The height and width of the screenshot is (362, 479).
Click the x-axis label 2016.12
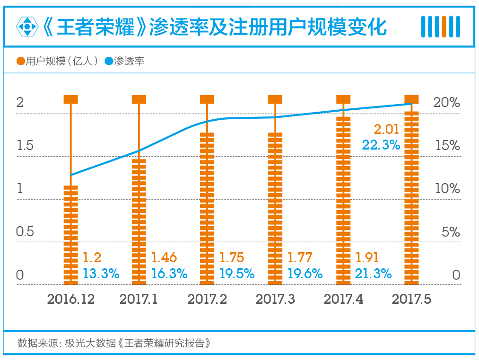point(71,300)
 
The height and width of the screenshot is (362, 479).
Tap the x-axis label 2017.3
point(275,300)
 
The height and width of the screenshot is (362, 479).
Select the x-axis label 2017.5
point(411,300)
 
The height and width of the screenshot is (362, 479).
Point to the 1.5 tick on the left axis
point(25,146)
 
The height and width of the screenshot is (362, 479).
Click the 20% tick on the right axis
point(447,103)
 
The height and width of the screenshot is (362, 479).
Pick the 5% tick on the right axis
point(451,232)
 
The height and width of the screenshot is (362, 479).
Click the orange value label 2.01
point(386,129)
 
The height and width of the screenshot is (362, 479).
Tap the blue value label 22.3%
point(381,145)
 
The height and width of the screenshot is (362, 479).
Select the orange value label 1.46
point(164,258)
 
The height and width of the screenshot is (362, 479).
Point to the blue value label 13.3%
point(101,274)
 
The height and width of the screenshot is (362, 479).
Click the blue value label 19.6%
point(305,274)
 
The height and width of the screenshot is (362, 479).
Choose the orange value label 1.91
point(367,258)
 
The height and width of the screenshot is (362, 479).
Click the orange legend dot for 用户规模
point(20,61)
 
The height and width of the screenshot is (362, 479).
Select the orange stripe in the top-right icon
point(444,26)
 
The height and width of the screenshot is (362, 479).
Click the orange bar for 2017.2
point(207,208)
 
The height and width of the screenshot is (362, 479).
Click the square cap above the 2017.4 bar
point(343,99)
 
